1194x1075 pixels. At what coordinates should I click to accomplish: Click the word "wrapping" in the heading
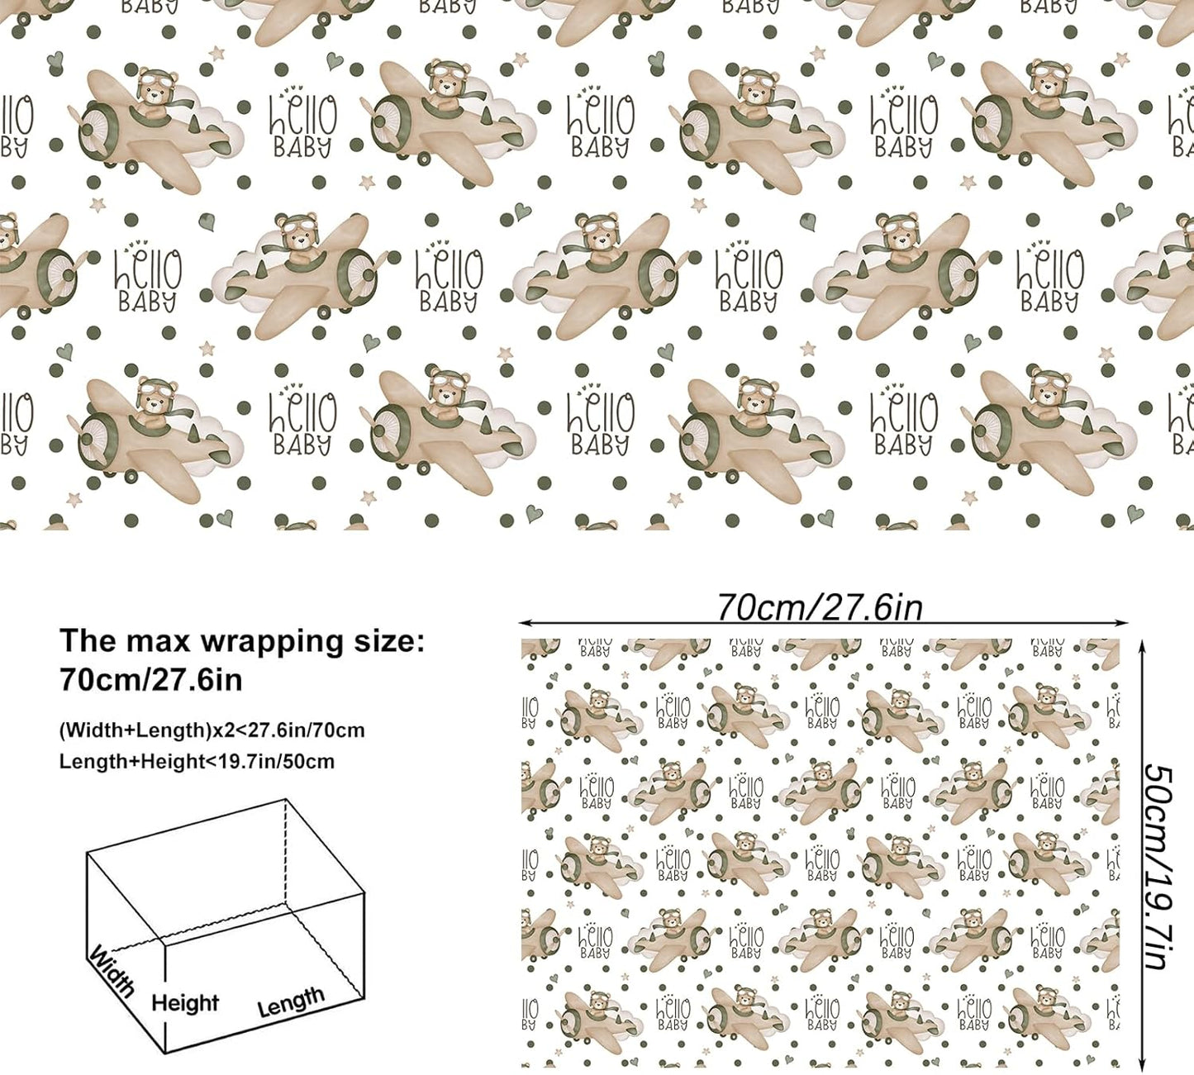coord(270,642)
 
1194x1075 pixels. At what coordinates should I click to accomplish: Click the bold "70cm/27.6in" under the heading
coord(151,679)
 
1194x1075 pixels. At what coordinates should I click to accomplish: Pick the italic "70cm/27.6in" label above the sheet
coord(821,607)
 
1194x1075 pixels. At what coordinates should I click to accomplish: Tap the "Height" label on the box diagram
coord(185,1003)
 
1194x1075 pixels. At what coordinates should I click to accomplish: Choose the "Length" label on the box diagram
coord(291,1001)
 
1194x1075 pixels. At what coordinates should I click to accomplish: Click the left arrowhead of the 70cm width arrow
coord(524,623)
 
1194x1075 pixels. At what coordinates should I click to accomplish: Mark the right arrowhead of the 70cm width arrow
coord(1124,623)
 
